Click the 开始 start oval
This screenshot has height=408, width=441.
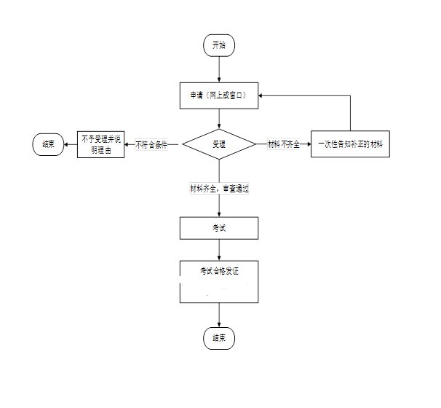tap(219, 45)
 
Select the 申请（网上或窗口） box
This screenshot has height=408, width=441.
tap(219, 95)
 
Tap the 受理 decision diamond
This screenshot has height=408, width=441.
tap(218, 144)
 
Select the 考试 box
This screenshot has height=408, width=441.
tap(219, 227)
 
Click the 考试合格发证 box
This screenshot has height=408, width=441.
tap(219, 281)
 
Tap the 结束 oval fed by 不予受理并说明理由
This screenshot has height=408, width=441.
tap(48, 144)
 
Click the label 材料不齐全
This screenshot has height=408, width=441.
tap(284, 144)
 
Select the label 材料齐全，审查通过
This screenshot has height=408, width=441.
tap(220, 188)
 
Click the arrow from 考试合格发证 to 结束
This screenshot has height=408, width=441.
tap(219, 314)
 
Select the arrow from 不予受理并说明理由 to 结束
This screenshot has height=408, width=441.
tap(71, 144)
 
